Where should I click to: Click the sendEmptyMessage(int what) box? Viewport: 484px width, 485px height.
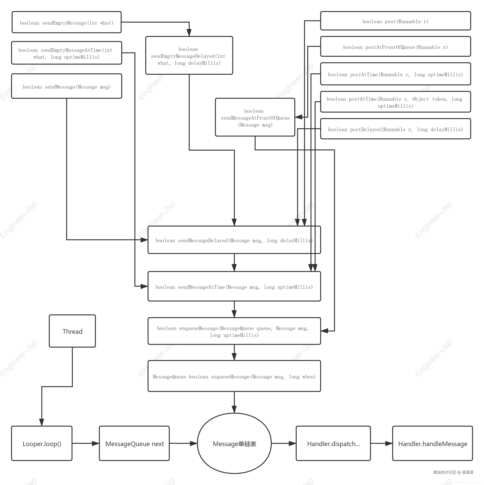pos(67,22)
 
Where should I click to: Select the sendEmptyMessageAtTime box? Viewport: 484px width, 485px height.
pos(67,53)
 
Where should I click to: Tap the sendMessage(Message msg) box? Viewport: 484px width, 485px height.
pos(67,86)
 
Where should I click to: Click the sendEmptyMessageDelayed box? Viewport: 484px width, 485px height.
pos(189,56)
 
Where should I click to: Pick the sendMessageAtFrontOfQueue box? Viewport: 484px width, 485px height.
pos(255,117)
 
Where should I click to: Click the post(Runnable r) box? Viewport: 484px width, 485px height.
pos(396,21)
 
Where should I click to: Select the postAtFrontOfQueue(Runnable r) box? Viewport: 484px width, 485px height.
pos(396,46)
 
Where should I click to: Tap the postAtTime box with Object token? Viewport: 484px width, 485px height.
pos(396,102)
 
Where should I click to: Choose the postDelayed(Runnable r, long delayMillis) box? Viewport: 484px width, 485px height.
pos(396,129)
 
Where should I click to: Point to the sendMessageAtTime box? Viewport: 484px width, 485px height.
pos(234,286)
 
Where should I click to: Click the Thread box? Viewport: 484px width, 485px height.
pos(72,331)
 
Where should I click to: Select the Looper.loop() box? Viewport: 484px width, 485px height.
pos(42,443)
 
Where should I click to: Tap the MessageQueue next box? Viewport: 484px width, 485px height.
pos(134,443)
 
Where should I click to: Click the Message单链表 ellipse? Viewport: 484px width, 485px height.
pos(234,443)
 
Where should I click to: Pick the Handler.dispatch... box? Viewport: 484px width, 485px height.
pos(333,443)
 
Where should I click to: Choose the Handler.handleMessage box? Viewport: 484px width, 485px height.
pos(432,443)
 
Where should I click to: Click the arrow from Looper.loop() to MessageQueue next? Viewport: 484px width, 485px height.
pos(86,443)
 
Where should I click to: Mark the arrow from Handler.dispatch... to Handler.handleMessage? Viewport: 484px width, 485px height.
pos(382,443)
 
